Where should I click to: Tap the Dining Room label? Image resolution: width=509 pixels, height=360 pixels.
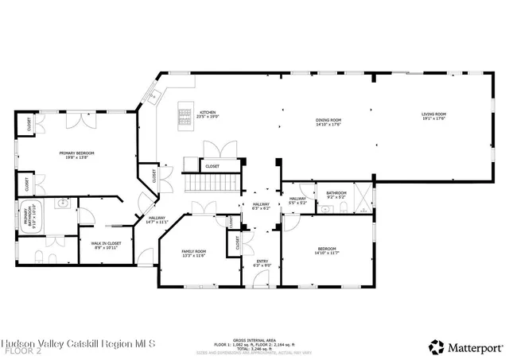(x=328, y=122)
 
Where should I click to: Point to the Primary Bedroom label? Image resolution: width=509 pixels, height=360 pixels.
(x=77, y=154)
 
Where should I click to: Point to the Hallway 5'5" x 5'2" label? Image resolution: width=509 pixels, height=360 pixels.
(x=298, y=201)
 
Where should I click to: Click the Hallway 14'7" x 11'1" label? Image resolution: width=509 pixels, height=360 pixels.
(x=157, y=220)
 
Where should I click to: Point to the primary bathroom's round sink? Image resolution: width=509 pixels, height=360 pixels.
(x=60, y=205)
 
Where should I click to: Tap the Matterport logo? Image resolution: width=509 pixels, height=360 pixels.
(x=466, y=346)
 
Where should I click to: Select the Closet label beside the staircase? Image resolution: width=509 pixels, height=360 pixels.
(x=212, y=166)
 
